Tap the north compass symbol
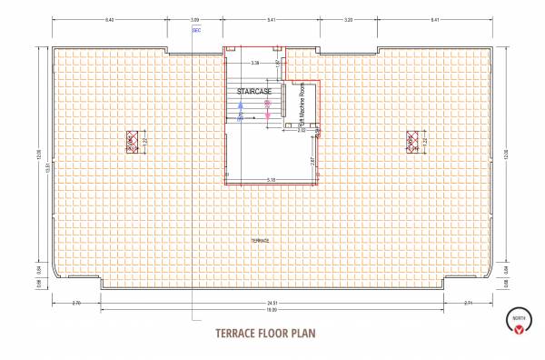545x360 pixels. tap(518, 321)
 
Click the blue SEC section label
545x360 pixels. tap(197, 30)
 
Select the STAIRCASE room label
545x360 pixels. tap(255, 92)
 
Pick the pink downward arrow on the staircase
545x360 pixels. tap(268, 108)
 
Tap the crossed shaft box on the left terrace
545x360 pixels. tap(131, 140)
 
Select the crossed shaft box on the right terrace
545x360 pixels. tap(411, 140)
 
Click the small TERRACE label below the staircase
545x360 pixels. tap(261, 239)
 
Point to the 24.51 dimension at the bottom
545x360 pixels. tap(272, 302)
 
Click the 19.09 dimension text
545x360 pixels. tap(272, 309)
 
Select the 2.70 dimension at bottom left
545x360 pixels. tap(76, 302)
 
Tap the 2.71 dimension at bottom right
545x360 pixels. tap(469, 302)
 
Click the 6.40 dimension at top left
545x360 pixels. tap(109, 18)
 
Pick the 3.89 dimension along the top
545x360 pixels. tap(194, 18)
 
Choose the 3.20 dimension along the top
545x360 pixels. tap(348, 18)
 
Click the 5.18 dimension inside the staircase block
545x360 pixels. tap(272, 179)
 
